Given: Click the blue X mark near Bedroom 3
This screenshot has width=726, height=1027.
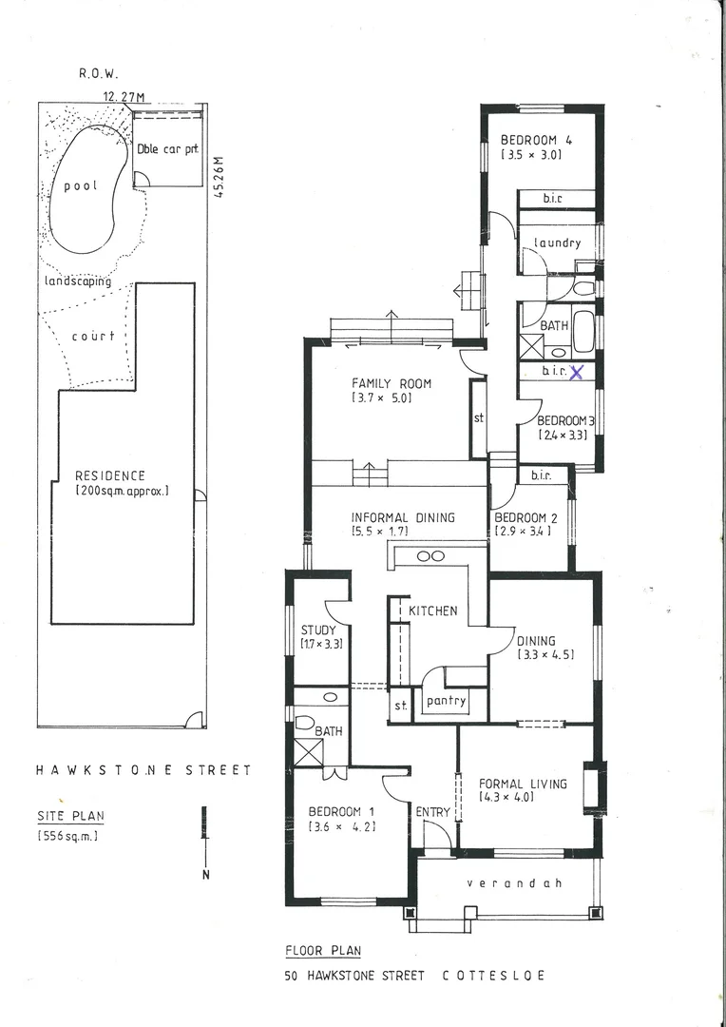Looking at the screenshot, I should point(575,373).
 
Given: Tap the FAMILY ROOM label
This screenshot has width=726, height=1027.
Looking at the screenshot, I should point(392,384).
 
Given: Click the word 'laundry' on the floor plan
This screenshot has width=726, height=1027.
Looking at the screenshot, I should point(557,242).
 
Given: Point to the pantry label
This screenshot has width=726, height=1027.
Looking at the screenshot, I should point(446,701).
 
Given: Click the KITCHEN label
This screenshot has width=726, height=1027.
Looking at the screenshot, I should point(432,610).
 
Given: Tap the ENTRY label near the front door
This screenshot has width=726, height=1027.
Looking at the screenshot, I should point(433,811).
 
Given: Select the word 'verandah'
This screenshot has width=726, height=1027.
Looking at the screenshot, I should point(514,883).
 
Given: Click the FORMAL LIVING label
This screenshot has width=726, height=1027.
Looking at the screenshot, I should point(523,784).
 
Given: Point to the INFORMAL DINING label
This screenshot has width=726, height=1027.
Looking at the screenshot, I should point(403,517).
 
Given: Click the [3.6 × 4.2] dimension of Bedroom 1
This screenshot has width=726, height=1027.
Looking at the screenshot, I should point(341,827).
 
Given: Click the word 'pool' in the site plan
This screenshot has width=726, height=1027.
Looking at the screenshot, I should point(81,185).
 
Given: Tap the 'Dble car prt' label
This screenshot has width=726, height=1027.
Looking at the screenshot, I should point(167,148).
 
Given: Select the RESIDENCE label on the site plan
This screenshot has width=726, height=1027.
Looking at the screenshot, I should point(110,475).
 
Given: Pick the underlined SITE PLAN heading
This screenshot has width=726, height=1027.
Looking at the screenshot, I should point(70,816).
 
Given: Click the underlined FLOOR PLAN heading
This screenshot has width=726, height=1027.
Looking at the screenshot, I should point(322,950).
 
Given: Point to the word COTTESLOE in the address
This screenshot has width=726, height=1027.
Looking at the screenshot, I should point(493,976).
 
